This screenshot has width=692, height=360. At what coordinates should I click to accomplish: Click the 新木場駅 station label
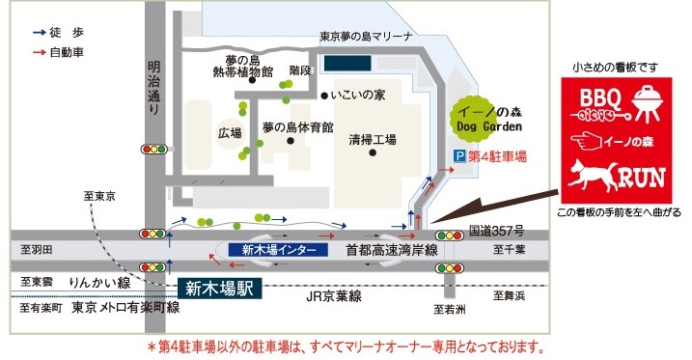[x=220, y=288]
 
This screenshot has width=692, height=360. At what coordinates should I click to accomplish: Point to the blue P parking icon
[x=459, y=155]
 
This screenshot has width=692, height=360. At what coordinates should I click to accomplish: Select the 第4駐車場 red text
[x=496, y=155]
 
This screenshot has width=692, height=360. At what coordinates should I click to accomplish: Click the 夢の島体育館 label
[x=297, y=127]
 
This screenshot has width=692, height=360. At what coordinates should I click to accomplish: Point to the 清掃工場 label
[x=373, y=140]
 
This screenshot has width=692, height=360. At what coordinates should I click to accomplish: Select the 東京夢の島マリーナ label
[x=366, y=37]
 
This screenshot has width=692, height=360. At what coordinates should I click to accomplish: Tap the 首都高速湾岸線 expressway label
[x=392, y=249]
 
